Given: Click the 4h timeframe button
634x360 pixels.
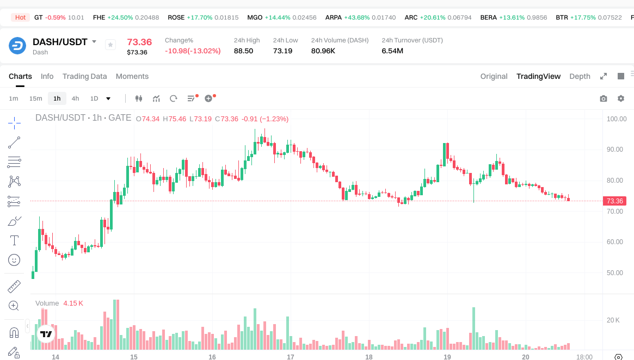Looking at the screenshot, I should pos(75,98).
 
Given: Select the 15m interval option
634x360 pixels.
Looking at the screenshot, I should pos(35,98).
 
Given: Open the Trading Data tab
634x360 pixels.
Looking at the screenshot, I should pos(84,76).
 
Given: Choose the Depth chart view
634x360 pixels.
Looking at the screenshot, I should pos(580,76).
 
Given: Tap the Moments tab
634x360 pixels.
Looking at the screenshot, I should pos(132,76).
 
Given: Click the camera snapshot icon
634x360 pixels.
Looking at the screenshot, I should pos(603,98).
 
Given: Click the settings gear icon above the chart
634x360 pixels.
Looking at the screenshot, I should pos(620,98).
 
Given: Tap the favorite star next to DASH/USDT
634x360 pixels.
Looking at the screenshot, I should pos(110,45).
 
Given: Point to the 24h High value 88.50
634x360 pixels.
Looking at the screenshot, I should pos(243,51).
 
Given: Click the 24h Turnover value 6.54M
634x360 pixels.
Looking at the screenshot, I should pos(392,51).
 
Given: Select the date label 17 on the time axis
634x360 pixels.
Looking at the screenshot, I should pos(291,357).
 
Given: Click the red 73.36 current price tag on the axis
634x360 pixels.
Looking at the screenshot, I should pos(614,201).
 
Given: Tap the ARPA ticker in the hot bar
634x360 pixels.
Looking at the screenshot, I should pos(333,17).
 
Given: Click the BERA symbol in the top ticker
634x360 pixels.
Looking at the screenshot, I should pos(488,17).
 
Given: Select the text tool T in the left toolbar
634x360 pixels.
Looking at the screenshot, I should pos(14,240).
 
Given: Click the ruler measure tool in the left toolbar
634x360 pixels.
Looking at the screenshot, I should pos(14,286).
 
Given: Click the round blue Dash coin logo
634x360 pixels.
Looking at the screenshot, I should pos(17,46).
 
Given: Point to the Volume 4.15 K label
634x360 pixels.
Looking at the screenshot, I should pos(59,303).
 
